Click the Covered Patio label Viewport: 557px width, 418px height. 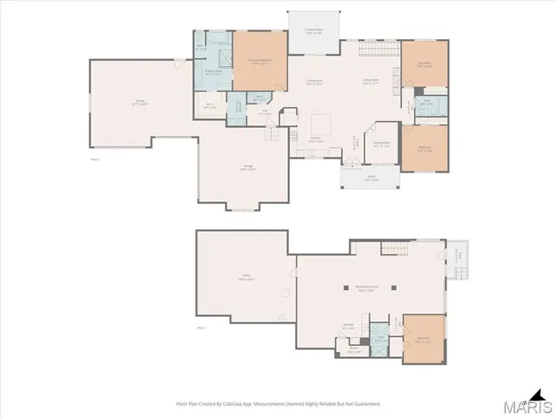coord(313,29)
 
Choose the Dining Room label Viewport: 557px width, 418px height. coord(381,144)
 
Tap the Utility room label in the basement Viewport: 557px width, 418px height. coord(246,279)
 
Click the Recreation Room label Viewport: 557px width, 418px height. coord(366,288)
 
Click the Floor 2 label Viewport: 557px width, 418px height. coord(95,159)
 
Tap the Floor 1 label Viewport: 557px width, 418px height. coord(200,327)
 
